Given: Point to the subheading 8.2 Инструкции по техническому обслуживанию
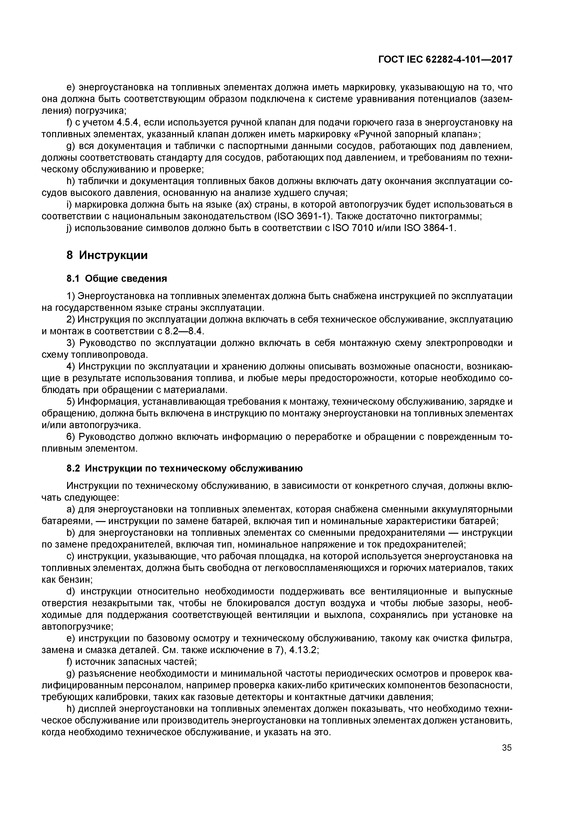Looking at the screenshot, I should coord(185,469).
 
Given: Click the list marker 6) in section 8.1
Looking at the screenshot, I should coord(71,437).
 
